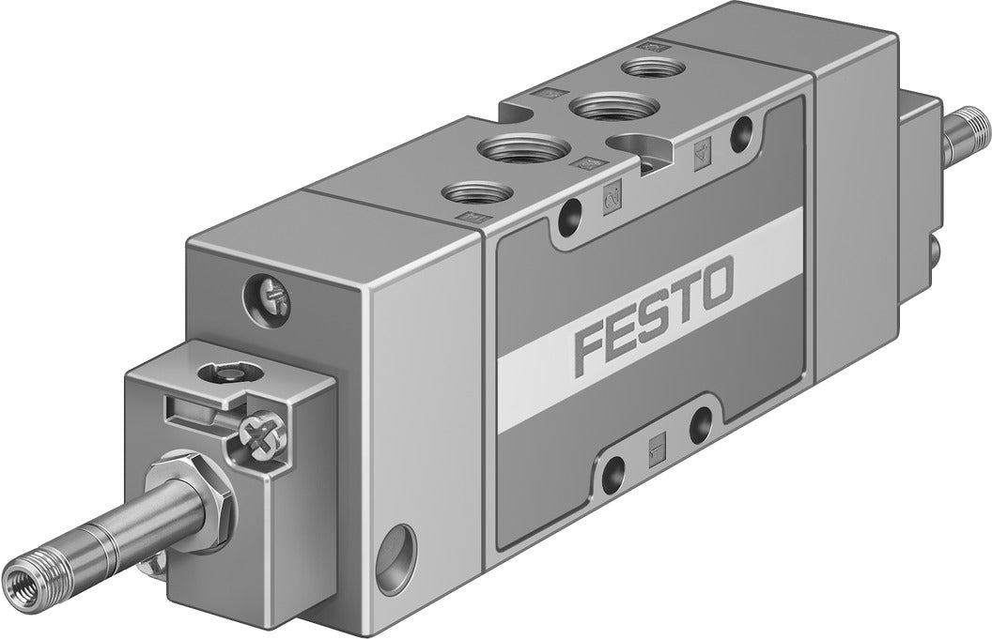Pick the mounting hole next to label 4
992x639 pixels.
[745, 129]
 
